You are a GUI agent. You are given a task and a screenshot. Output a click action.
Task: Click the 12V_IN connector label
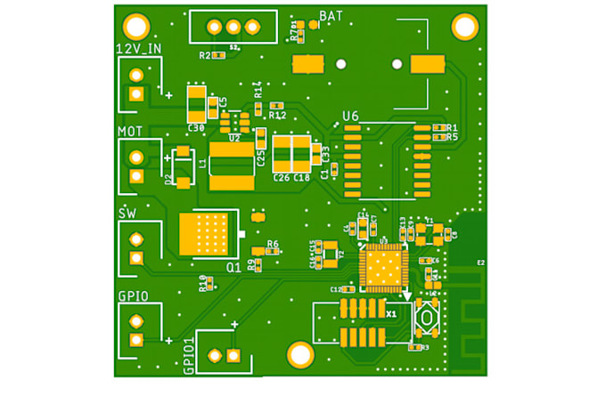tap(139, 48)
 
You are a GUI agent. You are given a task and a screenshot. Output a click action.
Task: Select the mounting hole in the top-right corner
tap(464, 27)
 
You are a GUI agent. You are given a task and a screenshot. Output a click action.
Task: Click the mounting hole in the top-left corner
tap(136, 27)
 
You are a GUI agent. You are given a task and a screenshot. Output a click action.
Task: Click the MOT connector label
tap(131, 131)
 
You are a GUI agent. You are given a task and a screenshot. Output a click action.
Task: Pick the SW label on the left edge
tap(128, 214)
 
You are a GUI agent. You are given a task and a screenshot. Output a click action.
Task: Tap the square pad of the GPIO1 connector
tap(233, 356)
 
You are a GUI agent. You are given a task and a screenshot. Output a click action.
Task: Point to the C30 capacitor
tap(196, 104)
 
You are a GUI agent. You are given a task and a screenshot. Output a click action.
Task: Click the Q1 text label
tap(233, 266)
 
